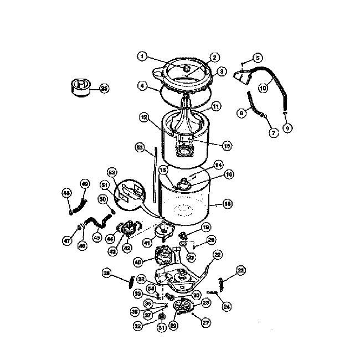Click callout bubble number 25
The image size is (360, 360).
point(103,88)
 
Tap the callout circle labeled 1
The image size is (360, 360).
point(142,56)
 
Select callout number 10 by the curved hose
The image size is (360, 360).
point(263,88)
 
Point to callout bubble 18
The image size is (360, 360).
point(227,204)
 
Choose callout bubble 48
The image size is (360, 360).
point(66,193)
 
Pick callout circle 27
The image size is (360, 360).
point(205,323)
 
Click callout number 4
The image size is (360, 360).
point(143,86)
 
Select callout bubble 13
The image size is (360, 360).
point(226,146)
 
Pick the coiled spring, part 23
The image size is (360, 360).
point(222,282)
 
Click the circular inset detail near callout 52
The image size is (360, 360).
point(133,194)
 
